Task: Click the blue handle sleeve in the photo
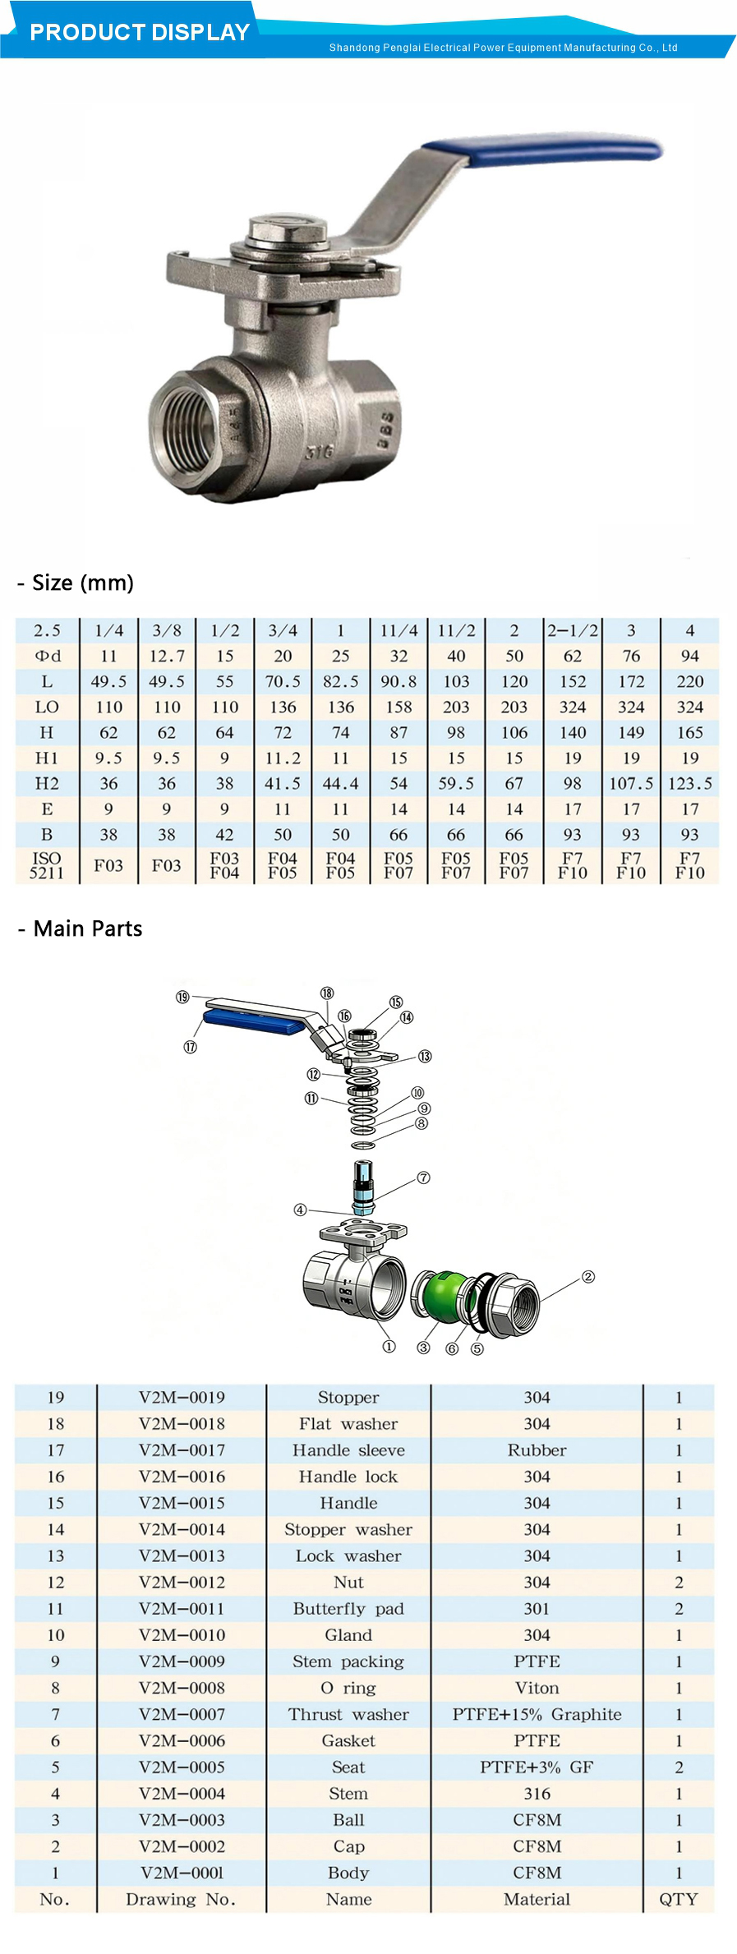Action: pos(542,150)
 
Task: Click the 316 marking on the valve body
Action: pos(320,451)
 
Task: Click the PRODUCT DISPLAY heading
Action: pos(140,32)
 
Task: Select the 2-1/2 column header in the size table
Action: pos(573,630)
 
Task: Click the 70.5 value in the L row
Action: pos(283,681)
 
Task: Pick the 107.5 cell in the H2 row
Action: pos(631,783)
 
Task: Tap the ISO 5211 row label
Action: pos(47,865)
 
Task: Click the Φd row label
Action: pos(47,656)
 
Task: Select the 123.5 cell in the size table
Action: pos(689,783)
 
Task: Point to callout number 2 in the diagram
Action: pos(587,1277)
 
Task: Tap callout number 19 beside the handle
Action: pos(182,997)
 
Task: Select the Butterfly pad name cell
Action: pos(348,1608)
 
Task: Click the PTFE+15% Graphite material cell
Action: pos(537,1713)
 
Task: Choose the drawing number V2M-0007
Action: pos(182,1714)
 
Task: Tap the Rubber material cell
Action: pos(537,1449)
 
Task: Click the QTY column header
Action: pos(679,1899)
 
